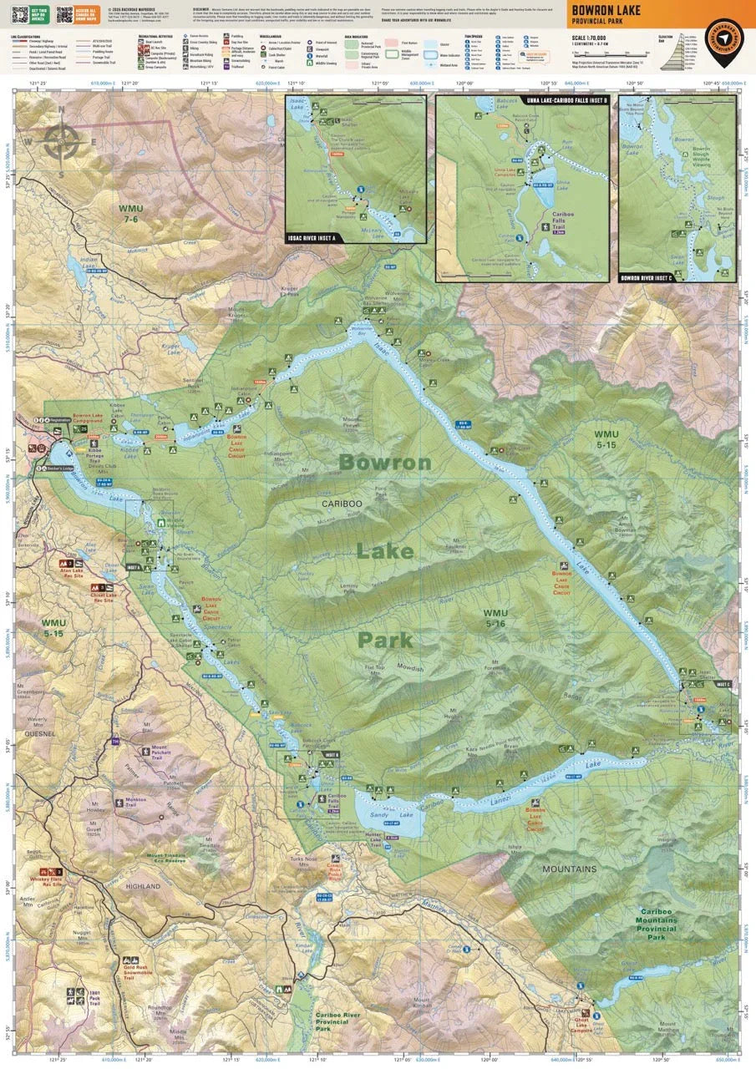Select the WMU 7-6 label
pyautogui.click(x=131, y=213)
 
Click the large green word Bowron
pyautogui.click(x=385, y=462)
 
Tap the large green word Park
pyautogui.click(x=385, y=640)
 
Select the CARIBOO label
pyautogui.click(x=342, y=504)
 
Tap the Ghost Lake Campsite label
pyautogui.click(x=581, y=1025)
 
